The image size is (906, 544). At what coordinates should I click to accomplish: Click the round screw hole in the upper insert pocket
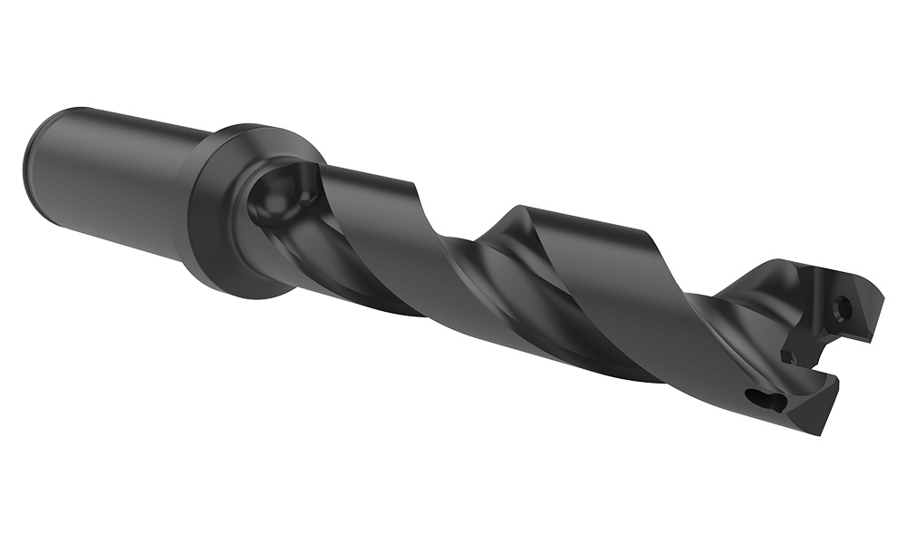844,308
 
